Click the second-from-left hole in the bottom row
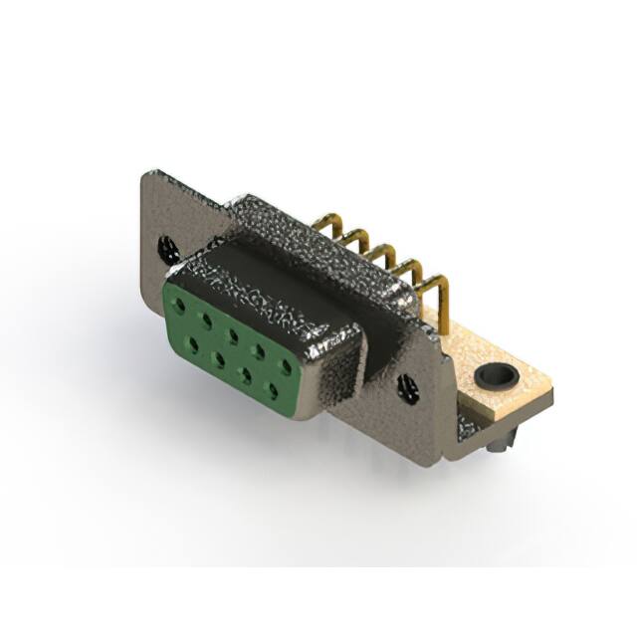pyautogui.click(x=216, y=355)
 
